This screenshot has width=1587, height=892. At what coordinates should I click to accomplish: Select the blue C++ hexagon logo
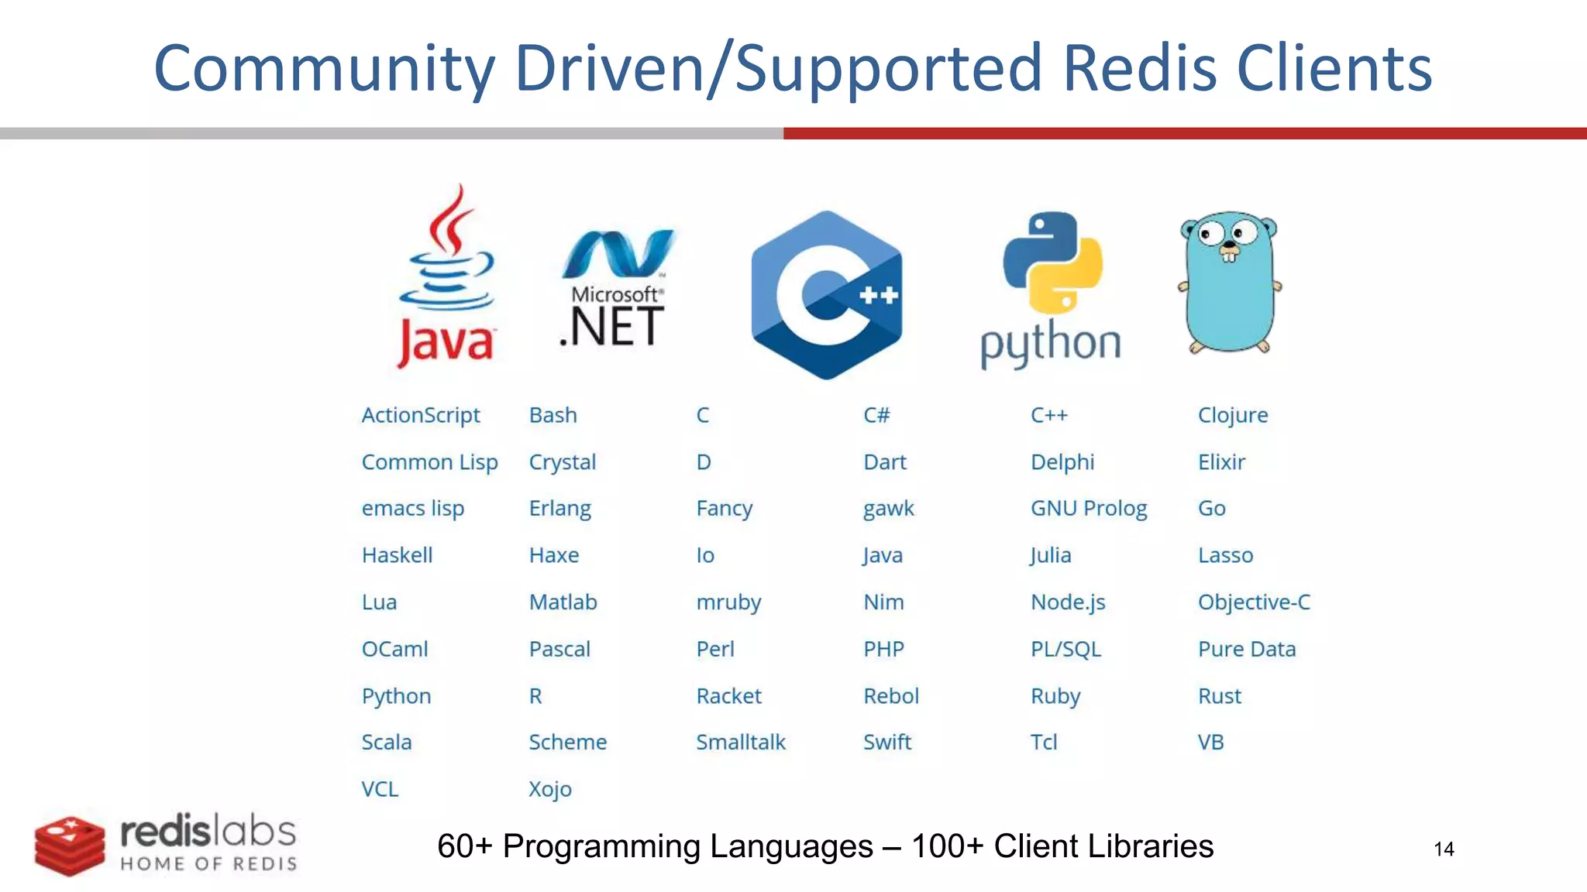(827, 295)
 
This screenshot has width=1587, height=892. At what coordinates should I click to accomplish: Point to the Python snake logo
(1052, 288)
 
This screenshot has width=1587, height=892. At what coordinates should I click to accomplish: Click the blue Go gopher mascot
(1230, 282)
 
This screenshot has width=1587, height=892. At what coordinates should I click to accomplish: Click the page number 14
(1444, 849)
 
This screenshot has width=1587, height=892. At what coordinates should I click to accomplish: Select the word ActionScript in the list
(421, 415)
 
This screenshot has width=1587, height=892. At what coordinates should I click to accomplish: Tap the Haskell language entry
(397, 555)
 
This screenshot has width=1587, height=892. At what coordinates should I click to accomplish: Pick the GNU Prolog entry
(1088, 509)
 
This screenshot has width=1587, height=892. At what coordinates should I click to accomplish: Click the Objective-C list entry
(1254, 602)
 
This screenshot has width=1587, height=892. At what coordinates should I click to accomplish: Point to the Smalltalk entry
(740, 743)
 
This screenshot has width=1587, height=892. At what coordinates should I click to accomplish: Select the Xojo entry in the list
(550, 790)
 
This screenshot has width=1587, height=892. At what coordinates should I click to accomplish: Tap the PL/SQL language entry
(1065, 649)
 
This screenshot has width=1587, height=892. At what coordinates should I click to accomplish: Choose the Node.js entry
(1068, 602)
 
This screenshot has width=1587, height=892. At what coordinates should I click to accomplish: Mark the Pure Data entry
(1246, 649)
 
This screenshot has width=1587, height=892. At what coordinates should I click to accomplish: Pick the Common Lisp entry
(429, 462)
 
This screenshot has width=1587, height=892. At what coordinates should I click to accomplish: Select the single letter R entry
(535, 696)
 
